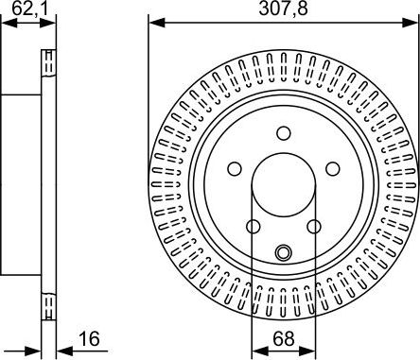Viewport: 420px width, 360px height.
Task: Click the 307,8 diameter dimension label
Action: [x=283, y=9]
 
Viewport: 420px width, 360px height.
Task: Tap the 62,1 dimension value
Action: [x=30, y=9]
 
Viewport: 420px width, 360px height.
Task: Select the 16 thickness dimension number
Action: [x=89, y=339]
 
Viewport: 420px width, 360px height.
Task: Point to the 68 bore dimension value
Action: [x=284, y=339]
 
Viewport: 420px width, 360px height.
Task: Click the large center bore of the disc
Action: [x=284, y=185]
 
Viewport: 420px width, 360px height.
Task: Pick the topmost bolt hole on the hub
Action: [x=284, y=133]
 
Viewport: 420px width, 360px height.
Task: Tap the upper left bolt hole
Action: [x=235, y=169]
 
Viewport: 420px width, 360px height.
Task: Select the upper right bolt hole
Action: [x=333, y=169]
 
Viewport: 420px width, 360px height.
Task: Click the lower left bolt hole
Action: [x=254, y=227]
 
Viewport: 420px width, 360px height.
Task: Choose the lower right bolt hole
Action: [x=314, y=227]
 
